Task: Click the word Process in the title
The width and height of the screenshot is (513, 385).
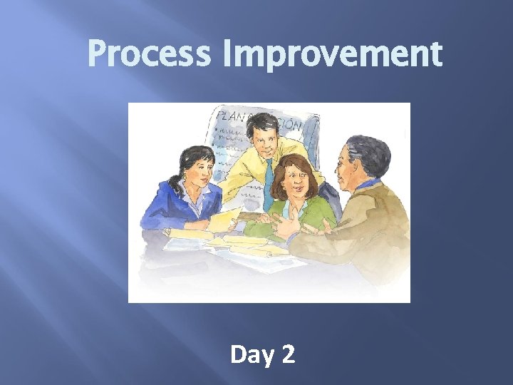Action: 148,54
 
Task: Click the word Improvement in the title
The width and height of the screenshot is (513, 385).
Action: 332,54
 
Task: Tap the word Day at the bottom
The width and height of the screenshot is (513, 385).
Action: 247,354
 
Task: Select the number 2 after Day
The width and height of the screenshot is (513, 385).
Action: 288,354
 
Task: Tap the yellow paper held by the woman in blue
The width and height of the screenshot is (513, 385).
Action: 222,220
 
